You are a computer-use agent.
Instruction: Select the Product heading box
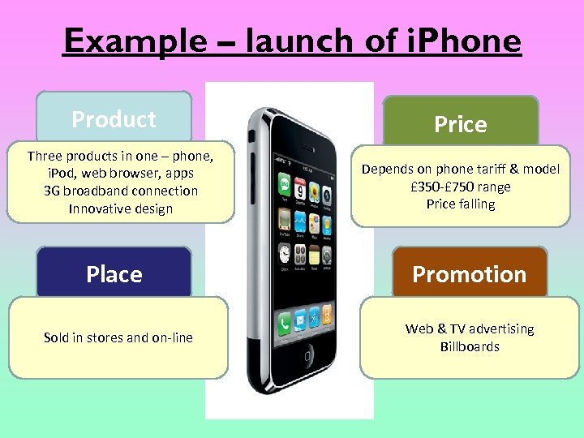(114, 119)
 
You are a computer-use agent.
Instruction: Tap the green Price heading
(460, 124)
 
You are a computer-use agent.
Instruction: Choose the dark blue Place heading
(114, 274)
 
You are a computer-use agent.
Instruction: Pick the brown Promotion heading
(469, 274)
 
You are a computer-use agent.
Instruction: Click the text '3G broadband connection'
(121, 191)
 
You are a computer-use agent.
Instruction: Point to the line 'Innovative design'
(121, 208)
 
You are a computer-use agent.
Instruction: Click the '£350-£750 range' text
(460, 187)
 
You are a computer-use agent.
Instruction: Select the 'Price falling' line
(460, 204)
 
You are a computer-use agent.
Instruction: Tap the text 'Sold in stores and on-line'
(118, 337)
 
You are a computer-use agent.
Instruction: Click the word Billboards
(470, 346)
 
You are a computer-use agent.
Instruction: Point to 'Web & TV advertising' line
(470, 328)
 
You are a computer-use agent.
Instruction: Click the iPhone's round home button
(307, 355)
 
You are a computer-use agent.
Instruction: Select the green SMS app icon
(285, 181)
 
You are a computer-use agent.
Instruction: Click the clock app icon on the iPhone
(286, 252)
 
